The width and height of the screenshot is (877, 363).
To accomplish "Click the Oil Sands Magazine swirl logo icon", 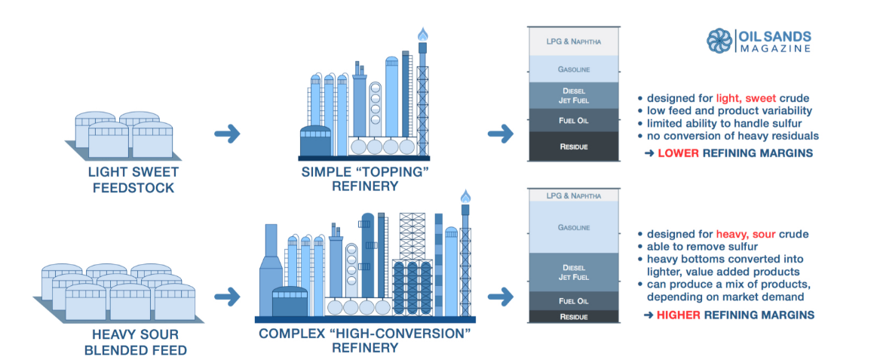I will click(x=720, y=41).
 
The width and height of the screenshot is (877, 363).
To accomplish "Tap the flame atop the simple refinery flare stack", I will click(x=422, y=34).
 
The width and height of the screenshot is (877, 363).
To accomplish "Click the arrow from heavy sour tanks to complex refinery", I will click(x=227, y=294).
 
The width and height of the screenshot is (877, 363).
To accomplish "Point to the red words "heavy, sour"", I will click(x=745, y=234).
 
